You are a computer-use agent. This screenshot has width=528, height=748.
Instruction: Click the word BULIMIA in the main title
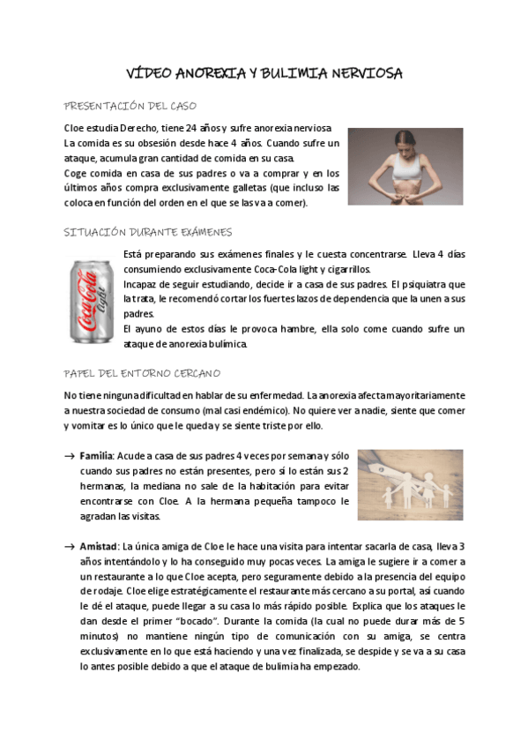click(x=294, y=74)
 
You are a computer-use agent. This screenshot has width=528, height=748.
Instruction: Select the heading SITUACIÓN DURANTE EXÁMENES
click(x=149, y=232)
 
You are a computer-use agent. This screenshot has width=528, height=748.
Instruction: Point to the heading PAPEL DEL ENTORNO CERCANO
click(x=143, y=373)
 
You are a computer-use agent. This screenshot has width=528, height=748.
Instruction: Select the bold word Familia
click(x=97, y=455)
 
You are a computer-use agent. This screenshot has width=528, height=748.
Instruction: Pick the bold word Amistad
click(x=99, y=547)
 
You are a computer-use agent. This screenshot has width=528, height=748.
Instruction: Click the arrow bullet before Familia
click(x=70, y=456)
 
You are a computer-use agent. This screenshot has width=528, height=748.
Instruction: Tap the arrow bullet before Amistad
click(x=70, y=548)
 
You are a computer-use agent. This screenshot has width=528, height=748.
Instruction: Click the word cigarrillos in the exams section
click(x=345, y=269)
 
